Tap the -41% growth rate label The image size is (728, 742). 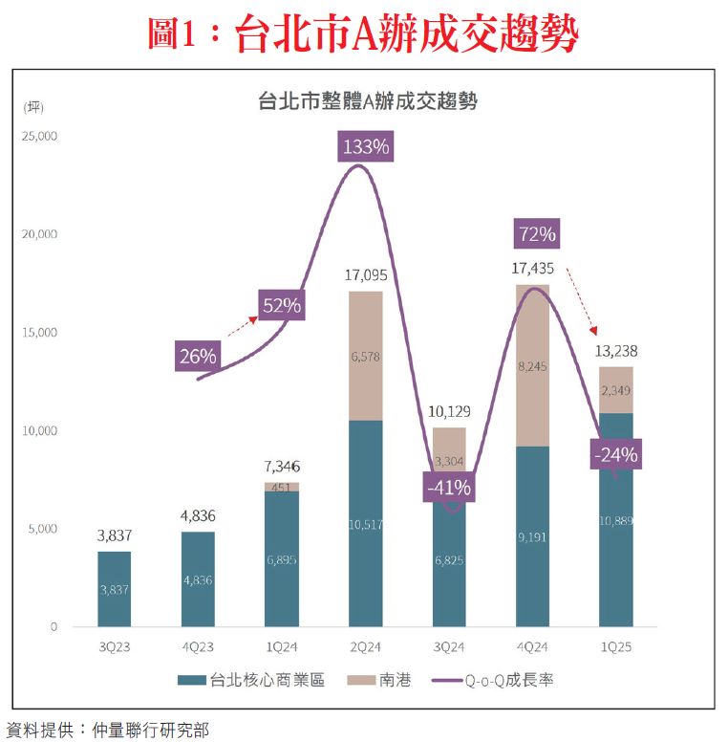click(450, 487)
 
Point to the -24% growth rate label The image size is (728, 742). click(615, 454)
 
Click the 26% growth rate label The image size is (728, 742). click(198, 356)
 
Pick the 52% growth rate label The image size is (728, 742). click(282, 306)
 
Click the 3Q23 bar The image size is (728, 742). click(115, 588)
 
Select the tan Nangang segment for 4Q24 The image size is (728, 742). click(532, 365)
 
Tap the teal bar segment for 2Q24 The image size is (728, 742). click(366, 524)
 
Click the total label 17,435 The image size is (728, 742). click(532, 271)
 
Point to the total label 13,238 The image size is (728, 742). click(616, 352)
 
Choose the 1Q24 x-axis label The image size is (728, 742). click(282, 647)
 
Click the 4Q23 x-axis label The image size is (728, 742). click(198, 647)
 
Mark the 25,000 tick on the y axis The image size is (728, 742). click(40, 136)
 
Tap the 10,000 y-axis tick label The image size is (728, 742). click(40, 430)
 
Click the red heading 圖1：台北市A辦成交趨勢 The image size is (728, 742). click(363, 34)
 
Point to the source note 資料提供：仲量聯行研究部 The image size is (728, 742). click(107, 730)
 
